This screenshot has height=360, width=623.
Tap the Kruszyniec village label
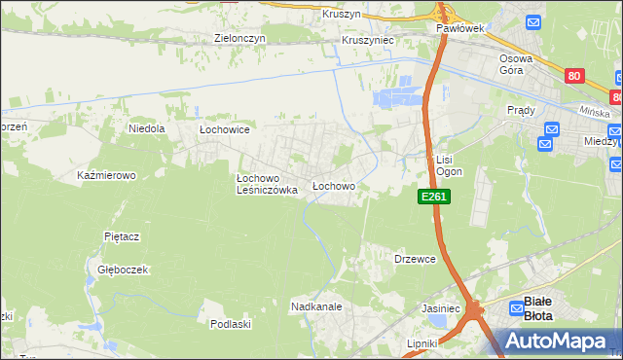pyautogui.click(x=366, y=41)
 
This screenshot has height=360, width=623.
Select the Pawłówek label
pyautogui.click(x=459, y=30)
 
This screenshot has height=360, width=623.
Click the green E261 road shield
pyautogui.click(x=433, y=197)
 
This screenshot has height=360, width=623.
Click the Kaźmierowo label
pyautogui.click(x=105, y=175)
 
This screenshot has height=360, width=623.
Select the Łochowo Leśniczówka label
pyautogui.click(x=267, y=185)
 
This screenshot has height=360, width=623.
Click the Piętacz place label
pyautogui.click(x=123, y=236)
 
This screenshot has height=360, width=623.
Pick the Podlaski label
pyautogui.click(x=232, y=324)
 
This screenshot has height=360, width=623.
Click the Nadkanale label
pyautogui.click(x=315, y=306)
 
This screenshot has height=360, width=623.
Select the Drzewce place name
pyautogui.click(x=415, y=259)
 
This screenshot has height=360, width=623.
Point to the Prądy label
pyautogui.click(x=521, y=110)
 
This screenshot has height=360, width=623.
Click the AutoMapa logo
pyautogui.click(x=555, y=340)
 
